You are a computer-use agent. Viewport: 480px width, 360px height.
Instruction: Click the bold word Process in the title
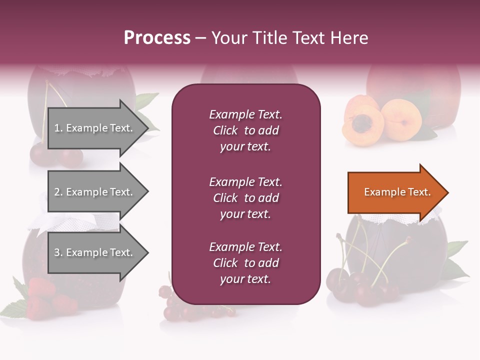[x=157, y=38]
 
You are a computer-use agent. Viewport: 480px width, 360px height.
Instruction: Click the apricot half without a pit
[x=401, y=119]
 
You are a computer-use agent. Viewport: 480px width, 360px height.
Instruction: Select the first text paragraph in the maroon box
[x=245, y=130]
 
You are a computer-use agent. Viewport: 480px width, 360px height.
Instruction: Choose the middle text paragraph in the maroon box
[x=245, y=198]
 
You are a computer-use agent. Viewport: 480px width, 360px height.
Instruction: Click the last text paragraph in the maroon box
[x=245, y=263]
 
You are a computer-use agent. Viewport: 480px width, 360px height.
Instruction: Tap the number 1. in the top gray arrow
[x=58, y=128]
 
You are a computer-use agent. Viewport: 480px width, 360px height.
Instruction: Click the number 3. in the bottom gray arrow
[x=58, y=253]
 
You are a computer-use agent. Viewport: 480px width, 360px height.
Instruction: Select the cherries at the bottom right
[x=365, y=288]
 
